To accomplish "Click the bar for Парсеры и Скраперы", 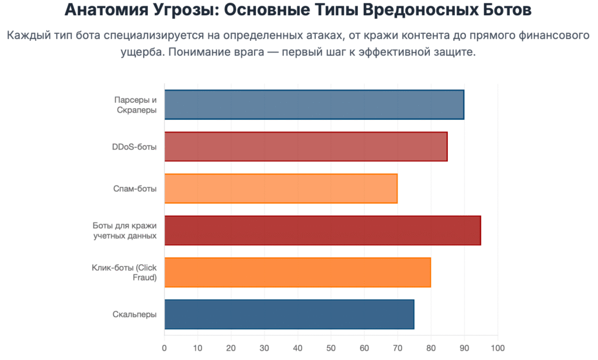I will (314, 105).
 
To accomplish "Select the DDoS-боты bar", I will (306, 147).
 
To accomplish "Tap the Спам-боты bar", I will (281, 188).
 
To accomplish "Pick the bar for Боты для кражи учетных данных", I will (322, 230).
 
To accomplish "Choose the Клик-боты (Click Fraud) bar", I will (298, 272).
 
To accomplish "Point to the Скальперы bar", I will (289, 314).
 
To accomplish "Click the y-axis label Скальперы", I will (134, 314).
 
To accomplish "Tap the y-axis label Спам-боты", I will (135, 188).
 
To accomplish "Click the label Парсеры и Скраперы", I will (135, 105).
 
